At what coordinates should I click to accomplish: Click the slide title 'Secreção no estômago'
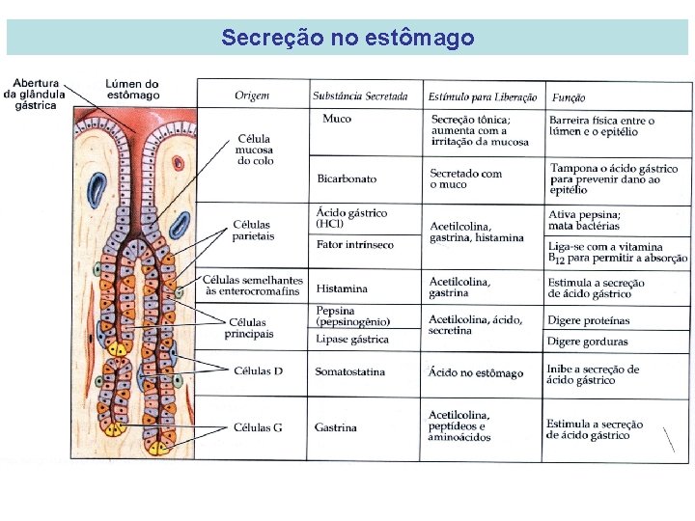pos(347,38)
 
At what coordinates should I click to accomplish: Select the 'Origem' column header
pos(252,96)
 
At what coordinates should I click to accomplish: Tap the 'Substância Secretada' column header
pos(360,96)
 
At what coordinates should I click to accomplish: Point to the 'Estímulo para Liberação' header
pos(483,96)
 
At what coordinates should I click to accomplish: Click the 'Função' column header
pos(569,97)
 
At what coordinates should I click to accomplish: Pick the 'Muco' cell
pos(337,119)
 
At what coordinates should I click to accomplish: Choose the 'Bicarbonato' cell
pos(347,178)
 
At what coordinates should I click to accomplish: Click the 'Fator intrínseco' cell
pos(355,245)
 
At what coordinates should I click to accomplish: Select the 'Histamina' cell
pos(342,288)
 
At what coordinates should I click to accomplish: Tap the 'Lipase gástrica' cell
pos(352,340)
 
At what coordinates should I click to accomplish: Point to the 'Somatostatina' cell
pos(349,372)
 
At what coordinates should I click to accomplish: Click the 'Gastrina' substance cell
pos(336,427)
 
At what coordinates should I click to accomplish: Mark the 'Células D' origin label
pos(258,370)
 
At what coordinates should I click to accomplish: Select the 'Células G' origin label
pos(258,427)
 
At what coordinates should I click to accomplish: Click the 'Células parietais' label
pos(254,231)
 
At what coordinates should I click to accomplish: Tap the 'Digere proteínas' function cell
pos(588,320)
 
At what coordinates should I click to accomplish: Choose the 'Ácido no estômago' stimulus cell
pos(476,373)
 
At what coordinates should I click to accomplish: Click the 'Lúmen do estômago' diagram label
pos(132,90)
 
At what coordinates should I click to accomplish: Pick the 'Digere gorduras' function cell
pos(587,342)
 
